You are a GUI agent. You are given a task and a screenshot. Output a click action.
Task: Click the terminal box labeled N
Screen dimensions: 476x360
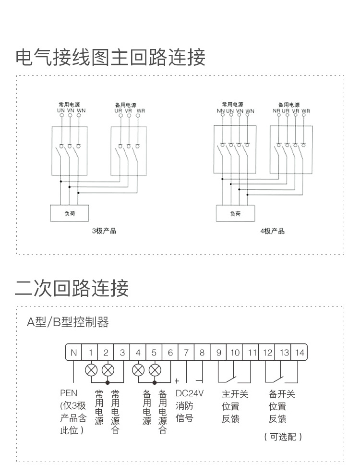tap(73, 353)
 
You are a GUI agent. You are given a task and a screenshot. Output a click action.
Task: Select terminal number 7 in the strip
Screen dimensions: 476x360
tap(186, 353)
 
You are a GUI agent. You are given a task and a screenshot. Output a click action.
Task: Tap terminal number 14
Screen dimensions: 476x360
tap(300, 353)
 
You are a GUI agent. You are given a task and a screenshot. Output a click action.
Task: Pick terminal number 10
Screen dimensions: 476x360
tap(235, 353)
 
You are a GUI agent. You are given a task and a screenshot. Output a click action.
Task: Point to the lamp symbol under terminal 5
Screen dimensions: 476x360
tap(155, 370)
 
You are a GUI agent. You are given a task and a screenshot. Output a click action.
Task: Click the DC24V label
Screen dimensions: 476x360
tap(190, 393)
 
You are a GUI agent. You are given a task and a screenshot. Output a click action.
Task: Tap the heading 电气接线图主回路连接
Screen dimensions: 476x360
tap(111, 57)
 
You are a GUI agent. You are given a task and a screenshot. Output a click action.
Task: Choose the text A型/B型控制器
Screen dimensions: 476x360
tap(68, 322)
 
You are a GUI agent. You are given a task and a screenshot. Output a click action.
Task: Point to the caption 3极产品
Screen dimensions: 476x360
tap(104, 231)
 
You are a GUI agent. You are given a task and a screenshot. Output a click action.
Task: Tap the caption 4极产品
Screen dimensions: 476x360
tap(272, 231)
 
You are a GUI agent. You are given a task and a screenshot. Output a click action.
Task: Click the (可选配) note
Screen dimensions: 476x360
tap(283, 437)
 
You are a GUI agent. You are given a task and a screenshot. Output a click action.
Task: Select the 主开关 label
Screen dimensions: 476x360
tap(235, 394)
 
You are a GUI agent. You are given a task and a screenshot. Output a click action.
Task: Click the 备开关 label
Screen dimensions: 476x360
tap(282, 394)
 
